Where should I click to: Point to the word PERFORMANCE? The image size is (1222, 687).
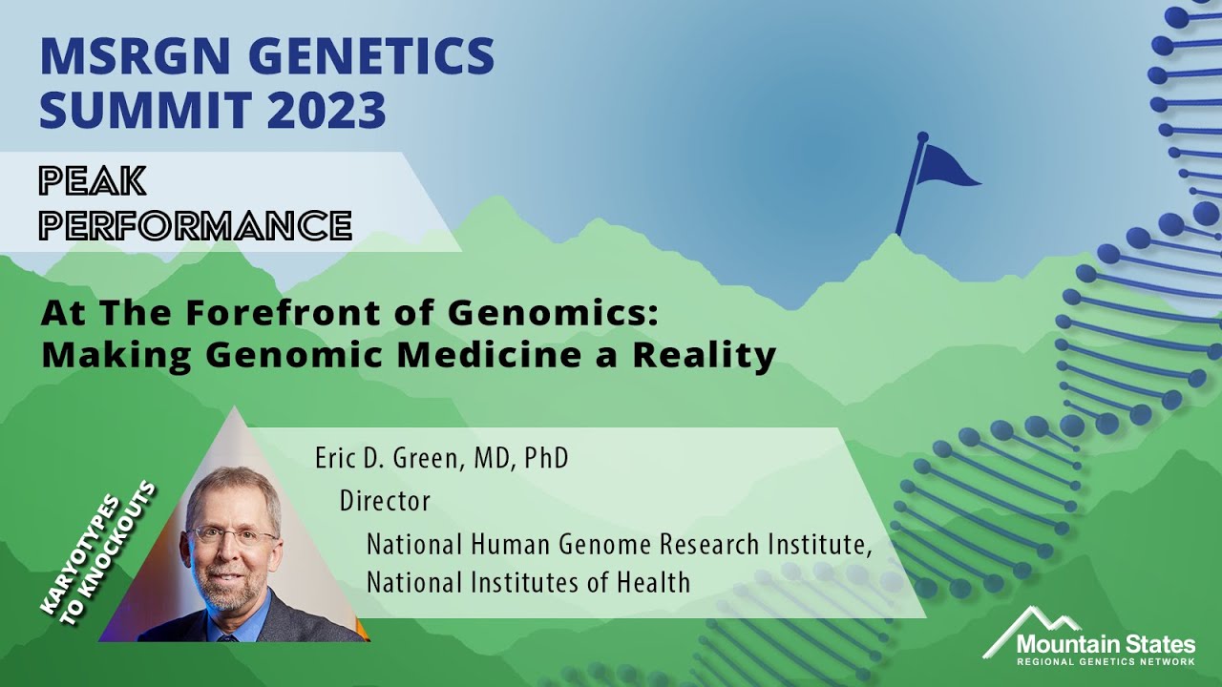pos(196,225)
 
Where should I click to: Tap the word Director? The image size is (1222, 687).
pos(385,501)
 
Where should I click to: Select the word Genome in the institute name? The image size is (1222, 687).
pos(593,545)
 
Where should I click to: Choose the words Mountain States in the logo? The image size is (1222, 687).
pos(1105,642)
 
